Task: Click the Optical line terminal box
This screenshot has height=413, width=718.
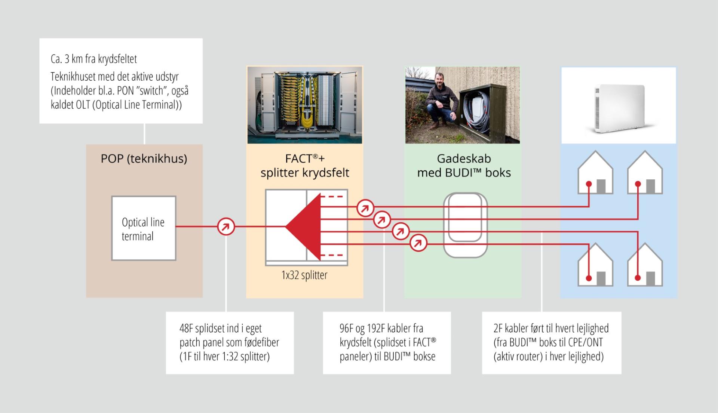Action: (x=144, y=228)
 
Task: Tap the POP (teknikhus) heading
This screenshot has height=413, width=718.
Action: (x=144, y=158)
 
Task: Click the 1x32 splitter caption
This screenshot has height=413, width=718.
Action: (x=304, y=275)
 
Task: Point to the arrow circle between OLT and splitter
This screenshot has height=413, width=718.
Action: (x=226, y=226)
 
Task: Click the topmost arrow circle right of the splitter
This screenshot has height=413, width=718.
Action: (x=365, y=208)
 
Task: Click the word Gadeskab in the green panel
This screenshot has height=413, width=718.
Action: (x=464, y=158)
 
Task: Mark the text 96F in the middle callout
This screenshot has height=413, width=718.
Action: (x=346, y=329)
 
